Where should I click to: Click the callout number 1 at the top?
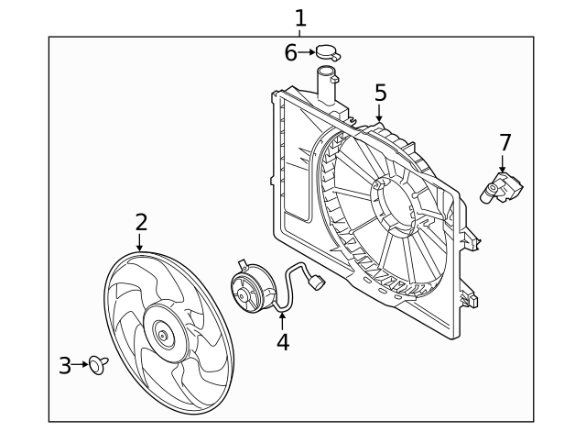click(x=300, y=17)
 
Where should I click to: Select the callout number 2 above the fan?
click(x=141, y=221)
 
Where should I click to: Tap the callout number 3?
click(x=64, y=366)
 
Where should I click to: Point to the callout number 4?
click(x=283, y=342)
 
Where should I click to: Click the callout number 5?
click(x=380, y=92)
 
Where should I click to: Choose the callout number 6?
click(x=290, y=52)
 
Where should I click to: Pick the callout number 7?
click(x=505, y=142)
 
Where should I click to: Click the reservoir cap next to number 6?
click(x=329, y=53)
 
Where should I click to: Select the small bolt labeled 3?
click(x=97, y=366)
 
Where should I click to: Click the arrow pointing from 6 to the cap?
click(x=307, y=53)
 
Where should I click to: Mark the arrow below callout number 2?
click(x=140, y=242)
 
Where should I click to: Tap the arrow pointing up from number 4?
click(x=283, y=320)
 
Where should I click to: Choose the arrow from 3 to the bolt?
click(x=81, y=366)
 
